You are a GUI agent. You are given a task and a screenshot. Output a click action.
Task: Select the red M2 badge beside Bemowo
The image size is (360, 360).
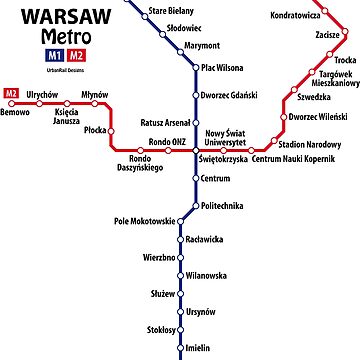tap(11, 94)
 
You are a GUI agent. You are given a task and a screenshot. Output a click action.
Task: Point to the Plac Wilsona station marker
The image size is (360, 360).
tap(196, 68)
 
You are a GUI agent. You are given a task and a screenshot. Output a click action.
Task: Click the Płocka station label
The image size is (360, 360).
tap(96, 130)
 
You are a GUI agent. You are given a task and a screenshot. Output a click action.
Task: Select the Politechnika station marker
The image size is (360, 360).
tap(196, 204)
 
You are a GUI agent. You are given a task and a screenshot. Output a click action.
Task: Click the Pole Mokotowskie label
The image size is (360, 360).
tap(144, 221)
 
